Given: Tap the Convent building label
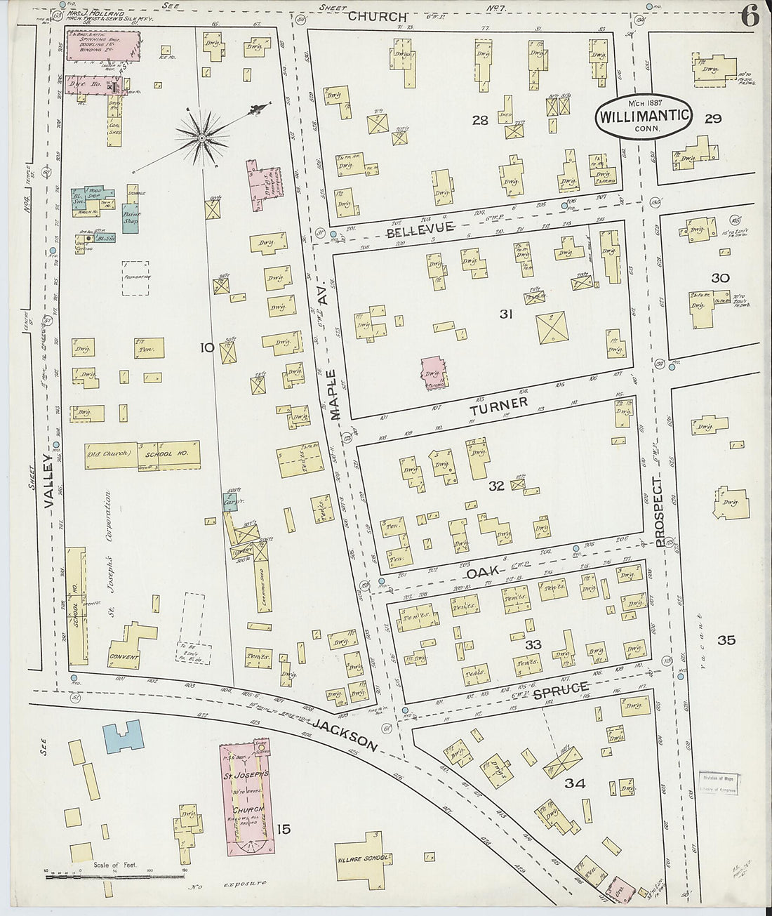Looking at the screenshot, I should point(124,658).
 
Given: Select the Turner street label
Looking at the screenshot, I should point(498,404).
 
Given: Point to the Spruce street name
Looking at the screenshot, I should point(560,690).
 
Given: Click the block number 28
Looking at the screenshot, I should point(480,121).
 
